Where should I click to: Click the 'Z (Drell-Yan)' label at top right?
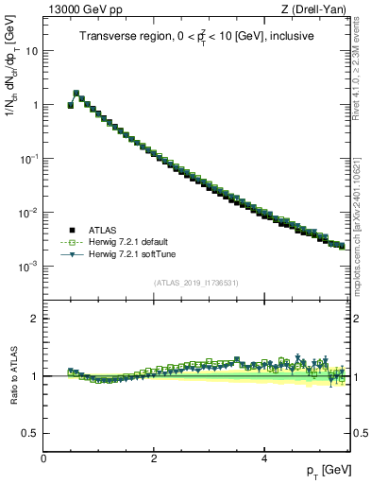[x=318, y=10]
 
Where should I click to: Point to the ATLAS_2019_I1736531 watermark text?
[x=196, y=282]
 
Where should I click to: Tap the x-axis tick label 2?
[x=154, y=458]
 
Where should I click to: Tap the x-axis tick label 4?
[x=264, y=458]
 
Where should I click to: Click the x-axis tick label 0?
[x=43, y=458]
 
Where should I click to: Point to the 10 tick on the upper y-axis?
[x=31, y=51]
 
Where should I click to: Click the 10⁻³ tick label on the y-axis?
[x=28, y=267]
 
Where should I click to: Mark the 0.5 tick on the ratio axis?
[x=30, y=433]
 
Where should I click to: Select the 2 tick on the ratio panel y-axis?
[x=35, y=319]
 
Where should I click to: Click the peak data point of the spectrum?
[x=76, y=94]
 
